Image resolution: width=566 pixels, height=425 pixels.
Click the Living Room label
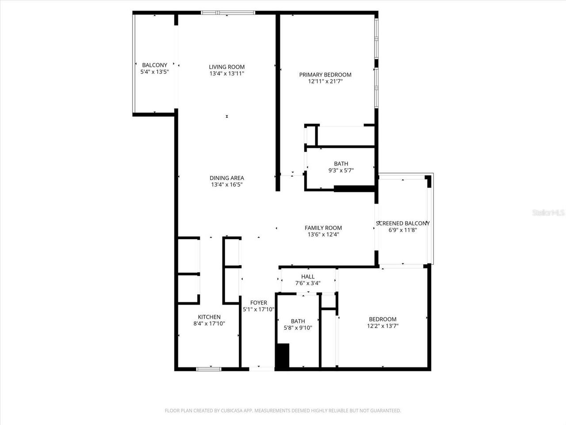[226, 67]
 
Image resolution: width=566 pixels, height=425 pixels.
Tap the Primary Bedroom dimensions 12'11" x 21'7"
[325, 81]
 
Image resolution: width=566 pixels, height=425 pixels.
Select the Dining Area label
[226, 178]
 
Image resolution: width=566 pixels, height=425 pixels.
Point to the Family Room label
[323, 228]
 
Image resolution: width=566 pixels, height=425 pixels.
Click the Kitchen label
[209, 317]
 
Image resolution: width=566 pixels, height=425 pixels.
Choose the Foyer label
[259, 303]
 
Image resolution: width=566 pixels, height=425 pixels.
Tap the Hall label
[308, 277]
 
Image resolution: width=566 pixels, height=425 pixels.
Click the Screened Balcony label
[402, 224]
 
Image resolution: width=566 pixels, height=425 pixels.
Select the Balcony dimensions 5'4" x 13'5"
[154, 72]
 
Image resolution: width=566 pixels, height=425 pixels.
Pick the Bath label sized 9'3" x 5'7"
[341, 164]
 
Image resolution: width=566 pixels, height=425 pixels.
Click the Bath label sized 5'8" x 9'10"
[298, 321]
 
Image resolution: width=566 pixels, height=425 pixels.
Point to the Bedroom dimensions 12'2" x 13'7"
[382, 326]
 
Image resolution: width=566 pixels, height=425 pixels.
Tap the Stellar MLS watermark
[548, 213]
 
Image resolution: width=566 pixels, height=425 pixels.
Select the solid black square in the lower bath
[282, 355]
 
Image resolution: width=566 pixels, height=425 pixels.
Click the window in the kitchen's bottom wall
[209, 368]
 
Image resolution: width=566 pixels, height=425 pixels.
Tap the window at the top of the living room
[228, 13]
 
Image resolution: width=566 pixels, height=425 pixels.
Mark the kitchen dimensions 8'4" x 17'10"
[209, 324]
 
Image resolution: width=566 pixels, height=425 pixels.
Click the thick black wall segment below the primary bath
[354, 189]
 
